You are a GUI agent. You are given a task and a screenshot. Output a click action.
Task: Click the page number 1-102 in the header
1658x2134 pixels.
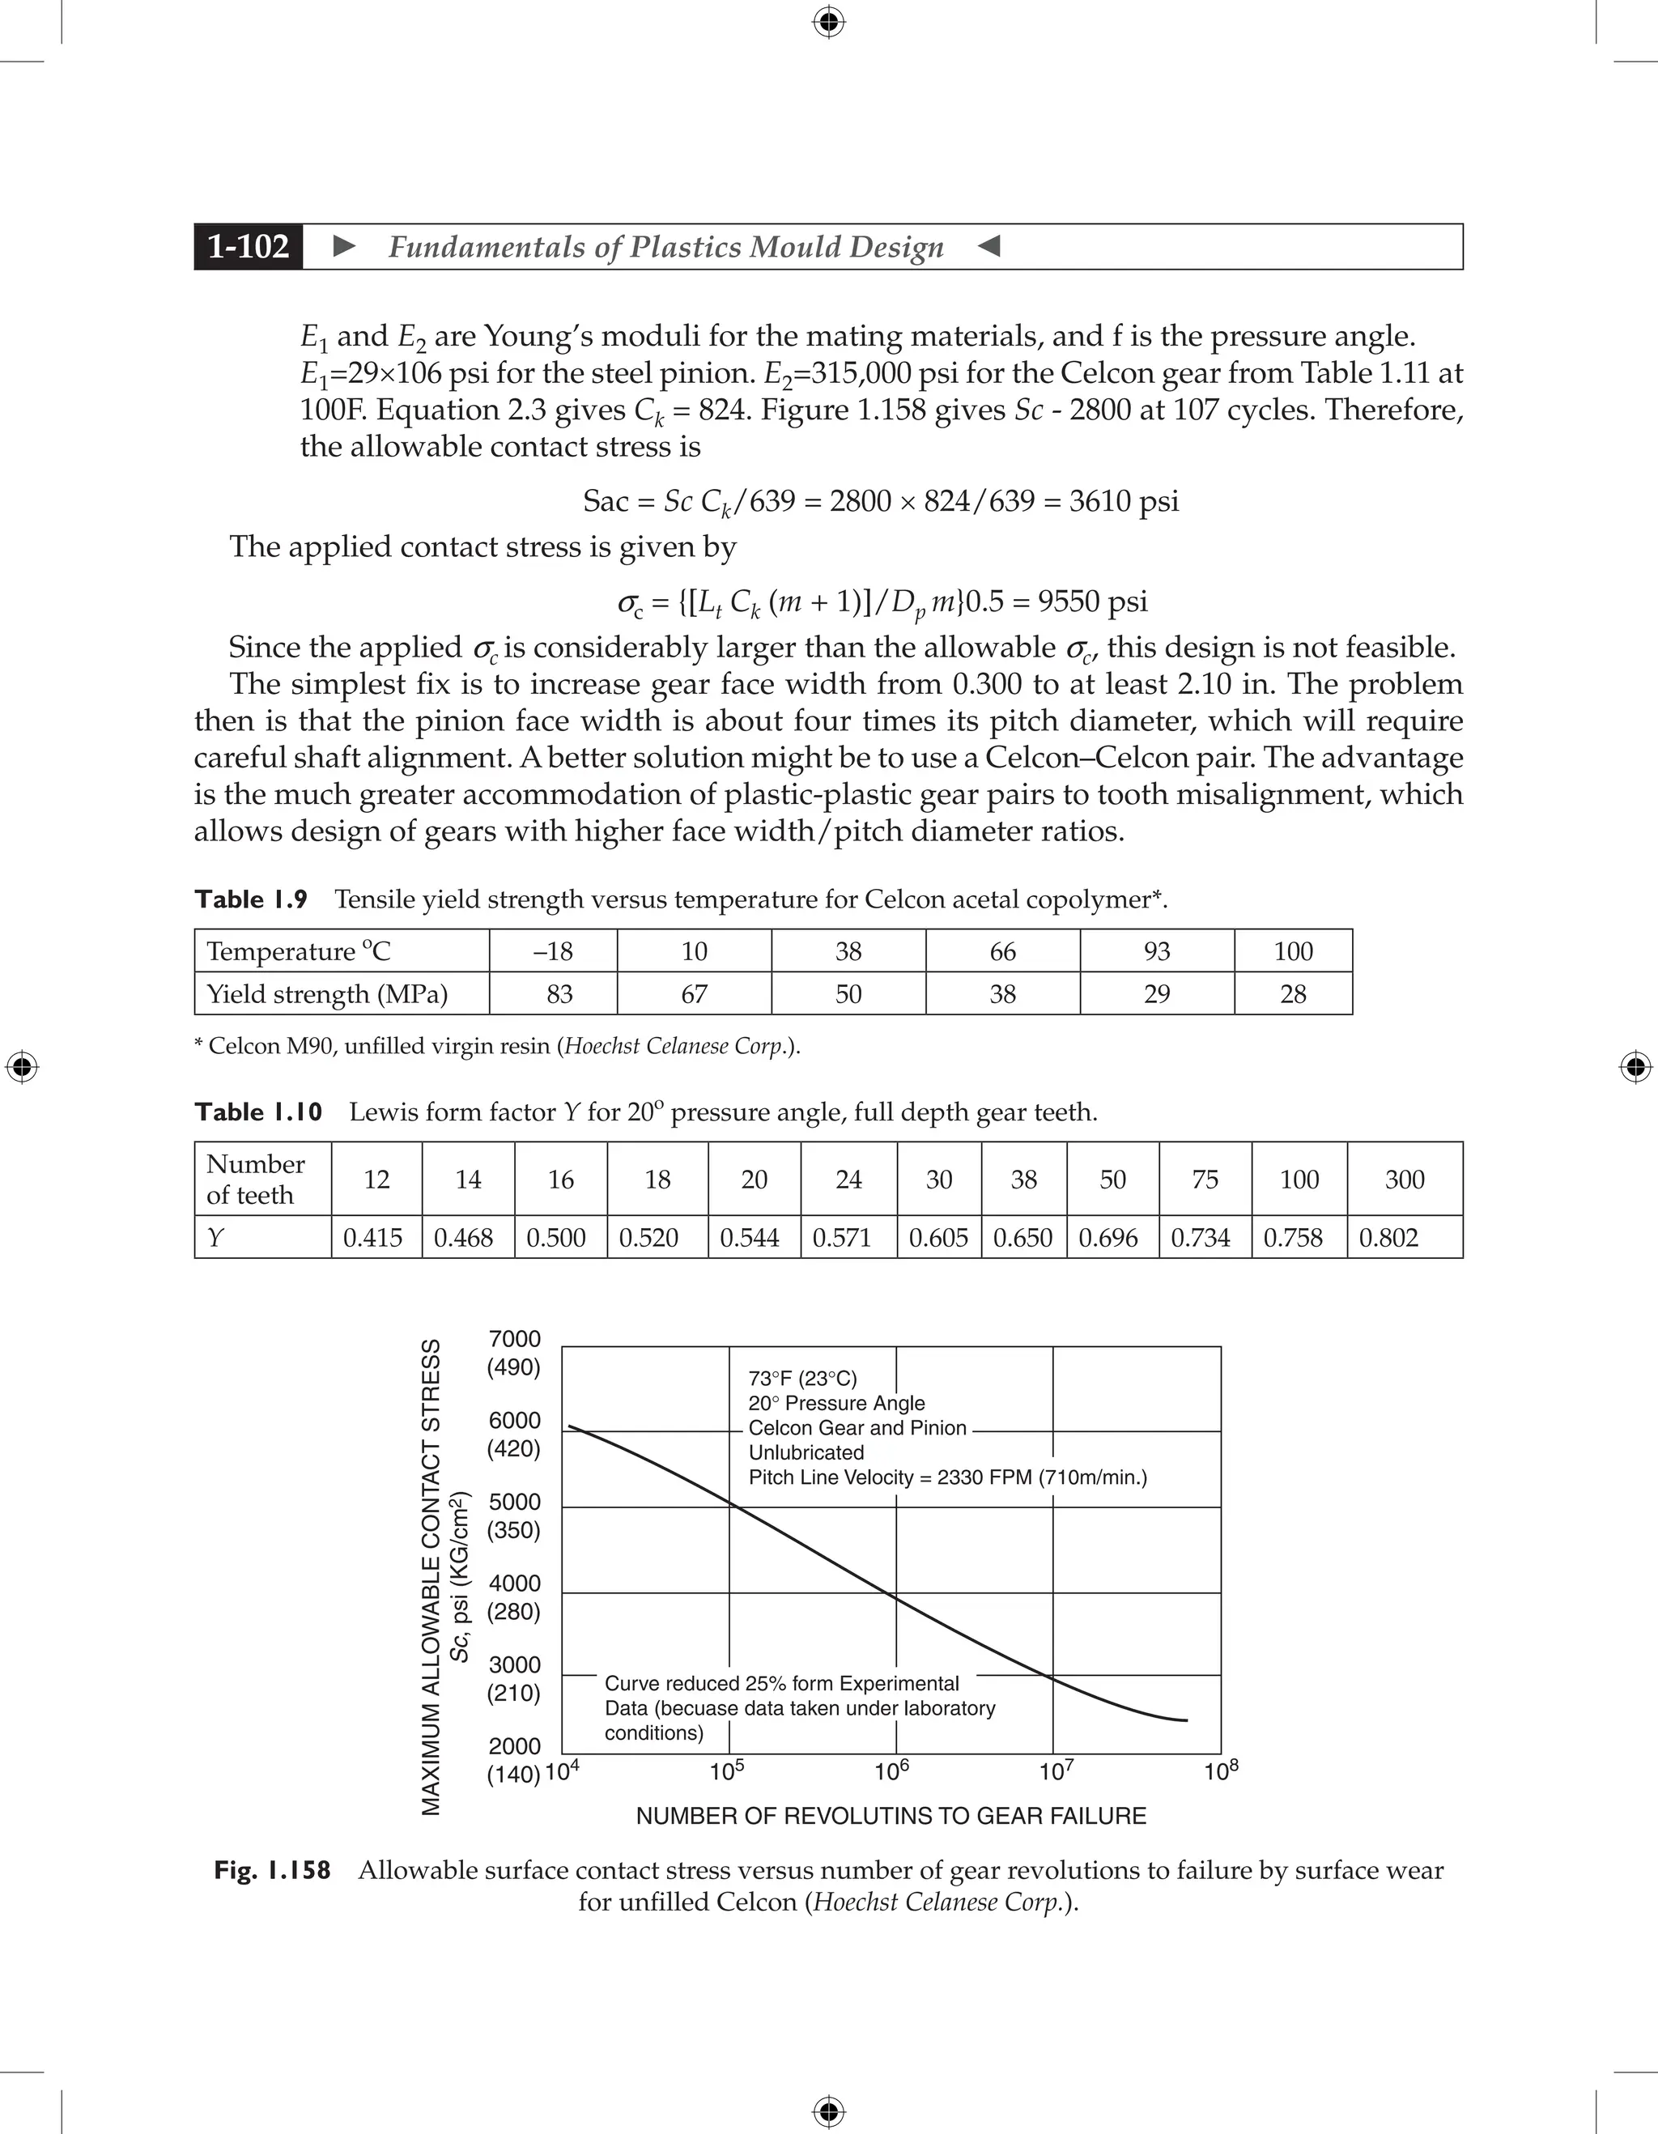tap(249, 246)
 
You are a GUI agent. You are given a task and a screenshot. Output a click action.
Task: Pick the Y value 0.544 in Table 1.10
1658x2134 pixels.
tap(750, 1237)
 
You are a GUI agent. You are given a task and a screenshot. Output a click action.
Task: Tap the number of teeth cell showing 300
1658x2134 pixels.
tap(1404, 1180)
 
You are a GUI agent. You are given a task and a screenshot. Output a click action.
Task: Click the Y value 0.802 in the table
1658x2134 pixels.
tap(1388, 1237)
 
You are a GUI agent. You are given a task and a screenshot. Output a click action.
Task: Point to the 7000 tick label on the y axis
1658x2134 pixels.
tap(515, 1339)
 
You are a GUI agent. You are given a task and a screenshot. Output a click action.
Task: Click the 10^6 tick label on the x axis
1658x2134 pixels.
tap(891, 1771)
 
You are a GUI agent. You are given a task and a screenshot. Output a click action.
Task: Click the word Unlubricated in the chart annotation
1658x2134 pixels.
tap(806, 1453)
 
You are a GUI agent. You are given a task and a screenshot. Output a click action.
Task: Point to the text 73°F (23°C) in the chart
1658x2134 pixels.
tap(802, 1379)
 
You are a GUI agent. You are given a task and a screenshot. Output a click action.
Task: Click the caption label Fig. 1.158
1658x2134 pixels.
tap(273, 1870)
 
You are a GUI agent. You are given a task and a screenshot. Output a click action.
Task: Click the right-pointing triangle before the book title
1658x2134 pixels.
tap(345, 246)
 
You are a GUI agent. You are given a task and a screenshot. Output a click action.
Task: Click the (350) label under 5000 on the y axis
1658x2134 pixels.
tap(514, 1530)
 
